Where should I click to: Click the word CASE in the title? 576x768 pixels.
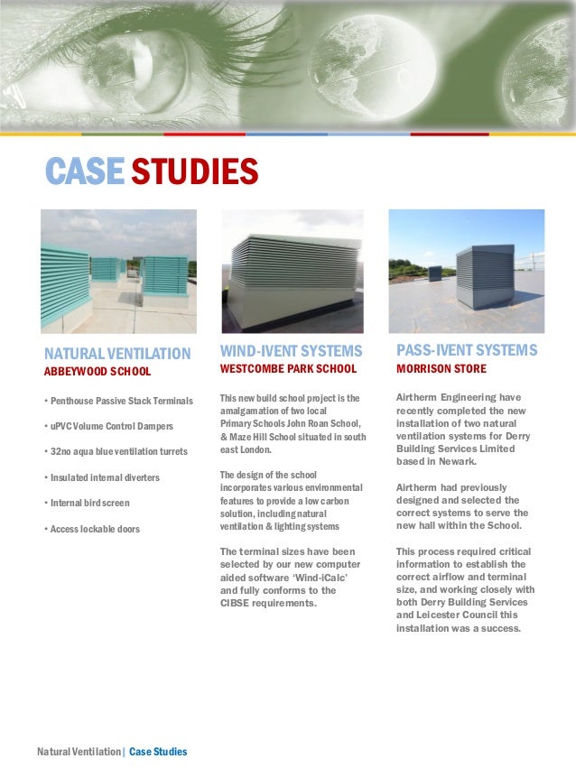tap(83, 171)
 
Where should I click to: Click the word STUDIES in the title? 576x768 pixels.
tap(194, 171)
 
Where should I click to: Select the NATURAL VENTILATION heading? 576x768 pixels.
tap(117, 353)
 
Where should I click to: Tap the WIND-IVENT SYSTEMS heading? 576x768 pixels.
tap(291, 350)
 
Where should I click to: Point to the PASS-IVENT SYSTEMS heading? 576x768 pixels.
tap(467, 349)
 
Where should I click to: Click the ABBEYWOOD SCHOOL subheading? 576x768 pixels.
tap(98, 371)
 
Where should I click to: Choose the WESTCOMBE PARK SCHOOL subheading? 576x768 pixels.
tap(288, 369)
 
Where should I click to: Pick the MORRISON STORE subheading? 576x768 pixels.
tap(441, 369)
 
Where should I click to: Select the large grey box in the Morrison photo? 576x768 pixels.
tap(484, 275)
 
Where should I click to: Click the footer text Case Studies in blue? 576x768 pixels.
tap(158, 752)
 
